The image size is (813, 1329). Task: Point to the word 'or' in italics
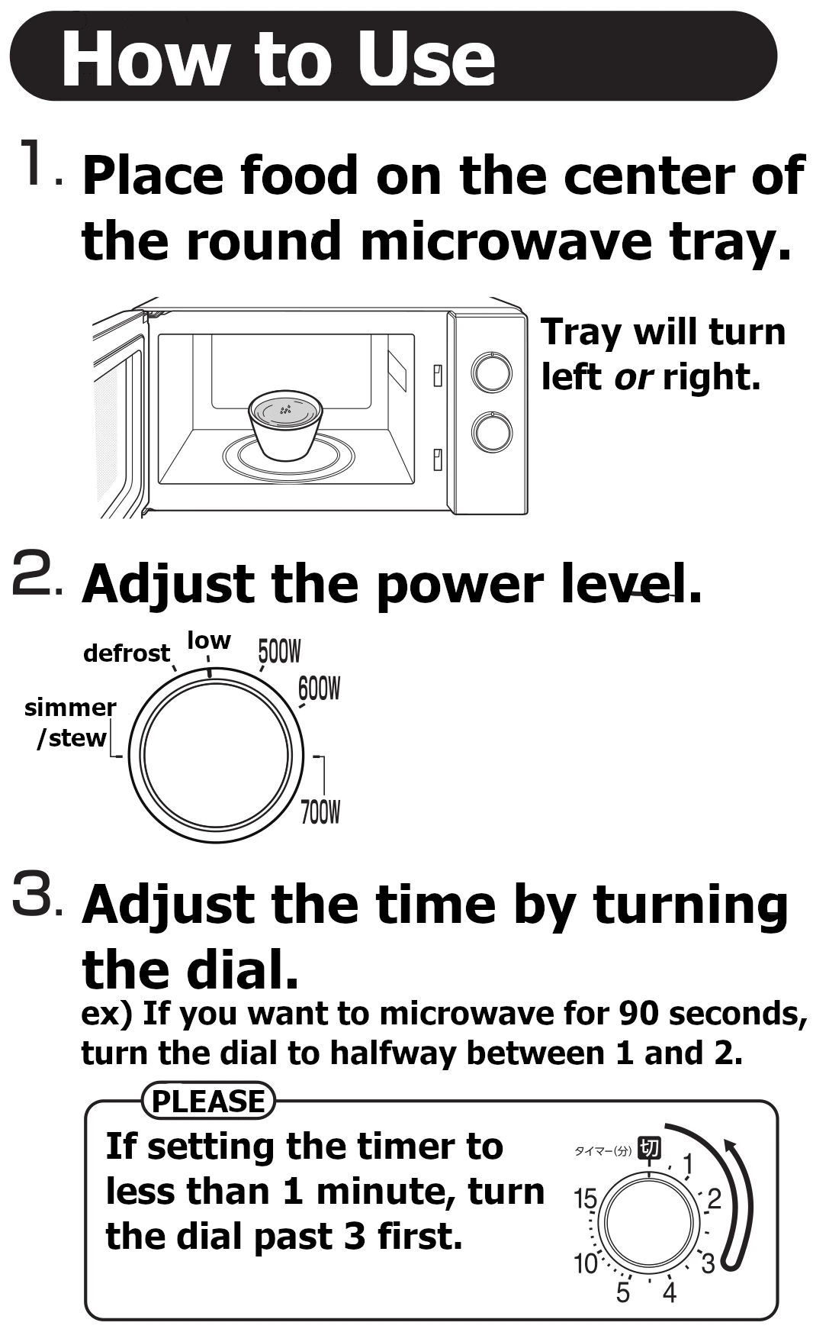point(633,376)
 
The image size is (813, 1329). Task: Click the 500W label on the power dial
point(280,651)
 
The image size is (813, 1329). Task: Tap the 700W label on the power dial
point(320,811)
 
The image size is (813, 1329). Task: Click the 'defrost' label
point(126,653)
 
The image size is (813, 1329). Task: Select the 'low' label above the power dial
point(209,640)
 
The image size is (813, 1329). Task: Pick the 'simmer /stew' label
point(71,723)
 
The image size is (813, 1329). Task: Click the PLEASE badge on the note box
point(208,1101)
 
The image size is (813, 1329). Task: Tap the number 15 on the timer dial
point(585,1199)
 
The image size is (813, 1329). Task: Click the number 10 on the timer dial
point(585,1263)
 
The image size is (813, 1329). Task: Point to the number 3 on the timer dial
point(708,1263)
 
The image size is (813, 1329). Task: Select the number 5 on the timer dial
point(623,1292)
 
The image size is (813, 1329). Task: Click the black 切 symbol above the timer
point(649,1148)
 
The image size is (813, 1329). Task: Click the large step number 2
point(32,576)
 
